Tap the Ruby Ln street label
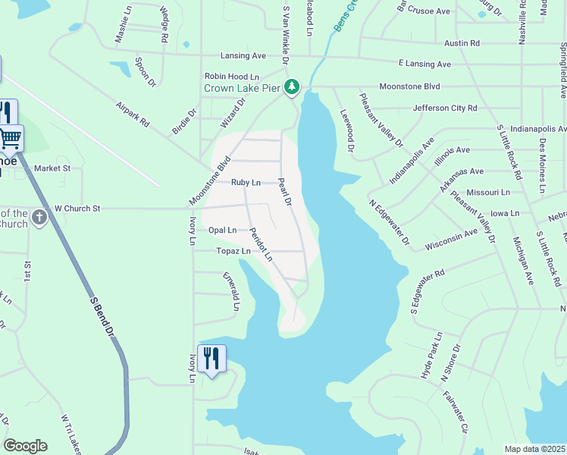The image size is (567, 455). click(x=246, y=183)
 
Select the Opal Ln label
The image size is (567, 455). click(x=222, y=230)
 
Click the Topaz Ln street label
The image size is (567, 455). click(x=233, y=251)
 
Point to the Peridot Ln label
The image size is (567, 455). click(x=261, y=244)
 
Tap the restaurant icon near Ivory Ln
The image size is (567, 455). click(x=211, y=358)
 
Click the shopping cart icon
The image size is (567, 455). click(x=10, y=138)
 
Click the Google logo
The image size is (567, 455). click(x=25, y=446)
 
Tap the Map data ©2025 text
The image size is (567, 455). click(x=534, y=449)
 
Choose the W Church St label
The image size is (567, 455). click(x=77, y=208)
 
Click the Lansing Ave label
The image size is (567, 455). click(x=243, y=56)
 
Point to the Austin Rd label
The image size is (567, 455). click(x=462, y=43)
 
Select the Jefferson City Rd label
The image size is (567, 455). click(x=445, y=108)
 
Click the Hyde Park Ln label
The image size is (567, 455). click(x=431, y=356)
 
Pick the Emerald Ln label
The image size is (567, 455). click(x=235, y=292)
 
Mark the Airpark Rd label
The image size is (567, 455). click(x=133, y=116)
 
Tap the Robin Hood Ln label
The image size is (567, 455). click(x=232, y=77)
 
